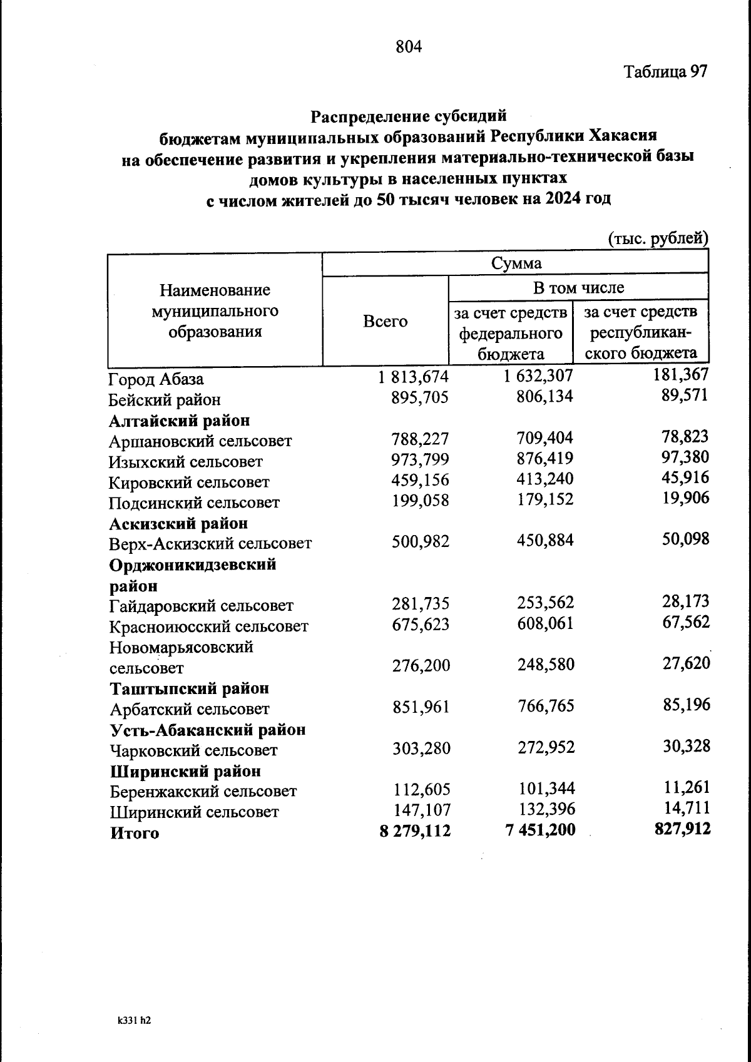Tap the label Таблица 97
coord(665,71)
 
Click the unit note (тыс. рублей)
coord(658,238)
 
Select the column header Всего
coord(385,322)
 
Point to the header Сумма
coord(516,263)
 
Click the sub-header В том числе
coord(578,288)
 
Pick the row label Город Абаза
coord(156,380)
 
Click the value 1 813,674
coord(413,377)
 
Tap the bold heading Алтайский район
coord(180,421)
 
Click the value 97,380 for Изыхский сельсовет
coord(685,457)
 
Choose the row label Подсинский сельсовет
coord(194,503)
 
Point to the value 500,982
coord(421,542)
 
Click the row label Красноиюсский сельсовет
coord(208,626)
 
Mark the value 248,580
coord(546,665)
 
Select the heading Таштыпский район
coord(190,688)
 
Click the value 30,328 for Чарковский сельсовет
coord(687,747)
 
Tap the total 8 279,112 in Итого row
coord(414,831)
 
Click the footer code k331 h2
coord(134,1019)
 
